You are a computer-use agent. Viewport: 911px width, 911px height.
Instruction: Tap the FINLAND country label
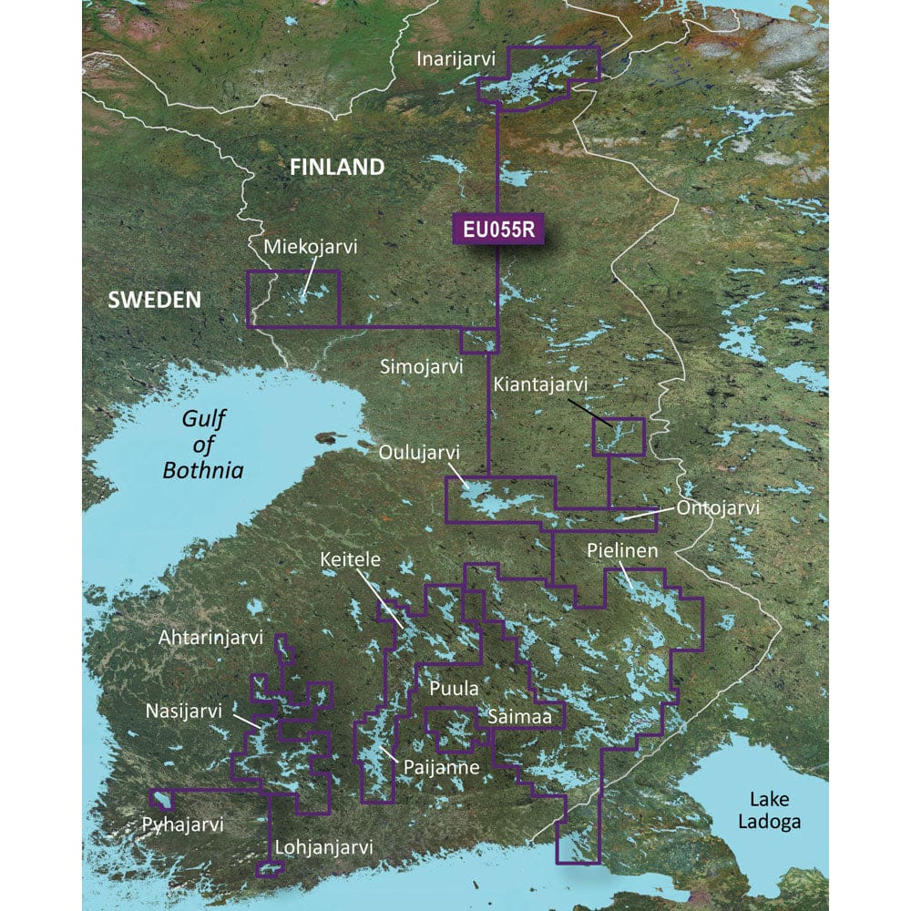click(336, 167)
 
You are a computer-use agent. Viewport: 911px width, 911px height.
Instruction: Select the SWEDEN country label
click(154, 300)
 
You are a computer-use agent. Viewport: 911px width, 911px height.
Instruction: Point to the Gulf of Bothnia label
click(203, 445)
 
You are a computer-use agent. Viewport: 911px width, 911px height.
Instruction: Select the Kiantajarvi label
click(540, 385)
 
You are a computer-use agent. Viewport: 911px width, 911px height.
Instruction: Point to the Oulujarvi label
click(420, 453)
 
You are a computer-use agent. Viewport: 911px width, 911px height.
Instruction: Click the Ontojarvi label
click(717, 507)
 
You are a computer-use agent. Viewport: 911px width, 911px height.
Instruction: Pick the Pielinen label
click(622, 552)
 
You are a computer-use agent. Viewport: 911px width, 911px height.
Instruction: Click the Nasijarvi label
click(183, 711)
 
